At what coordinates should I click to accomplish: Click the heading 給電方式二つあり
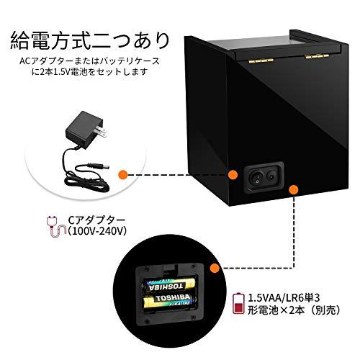pyautogui.click(x=90, y=40)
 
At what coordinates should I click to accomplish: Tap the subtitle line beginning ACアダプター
pyautogui.click(x=89, y=61)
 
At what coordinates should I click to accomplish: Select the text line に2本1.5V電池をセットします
pyautogui.click(x=89, y=72)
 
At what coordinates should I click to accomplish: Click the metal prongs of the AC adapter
pyautogui.click(x=101, y=132)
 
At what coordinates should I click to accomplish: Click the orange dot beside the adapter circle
pyautogui.click(x=123, y=174)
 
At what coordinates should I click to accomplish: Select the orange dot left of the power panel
pyautogui.click(x=233, y=174)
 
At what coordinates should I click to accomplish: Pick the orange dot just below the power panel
pyautogui.click(x=294, y=190)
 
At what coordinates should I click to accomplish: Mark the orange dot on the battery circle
pyautogui.click(x=215, y=268)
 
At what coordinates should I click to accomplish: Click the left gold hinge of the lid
pyautogui.click(x=261, y=61)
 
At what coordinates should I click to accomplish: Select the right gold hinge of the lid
pyautogui.click(x=316, y=56)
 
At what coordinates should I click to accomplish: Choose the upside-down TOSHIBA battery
pyautogui.click(x=168, y=285)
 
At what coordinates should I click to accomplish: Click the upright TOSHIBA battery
pyautogui.click(x=170, y=301)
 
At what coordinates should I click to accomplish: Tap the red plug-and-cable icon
pyautogui.click(x=55, y=227)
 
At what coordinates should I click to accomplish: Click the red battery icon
pyautogui.click(x=238, y=303)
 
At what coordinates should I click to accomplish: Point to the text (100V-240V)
pyautogui.click(x=96, y=231)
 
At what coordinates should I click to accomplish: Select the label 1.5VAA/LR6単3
pyautogui.click(x=284, y=298)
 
